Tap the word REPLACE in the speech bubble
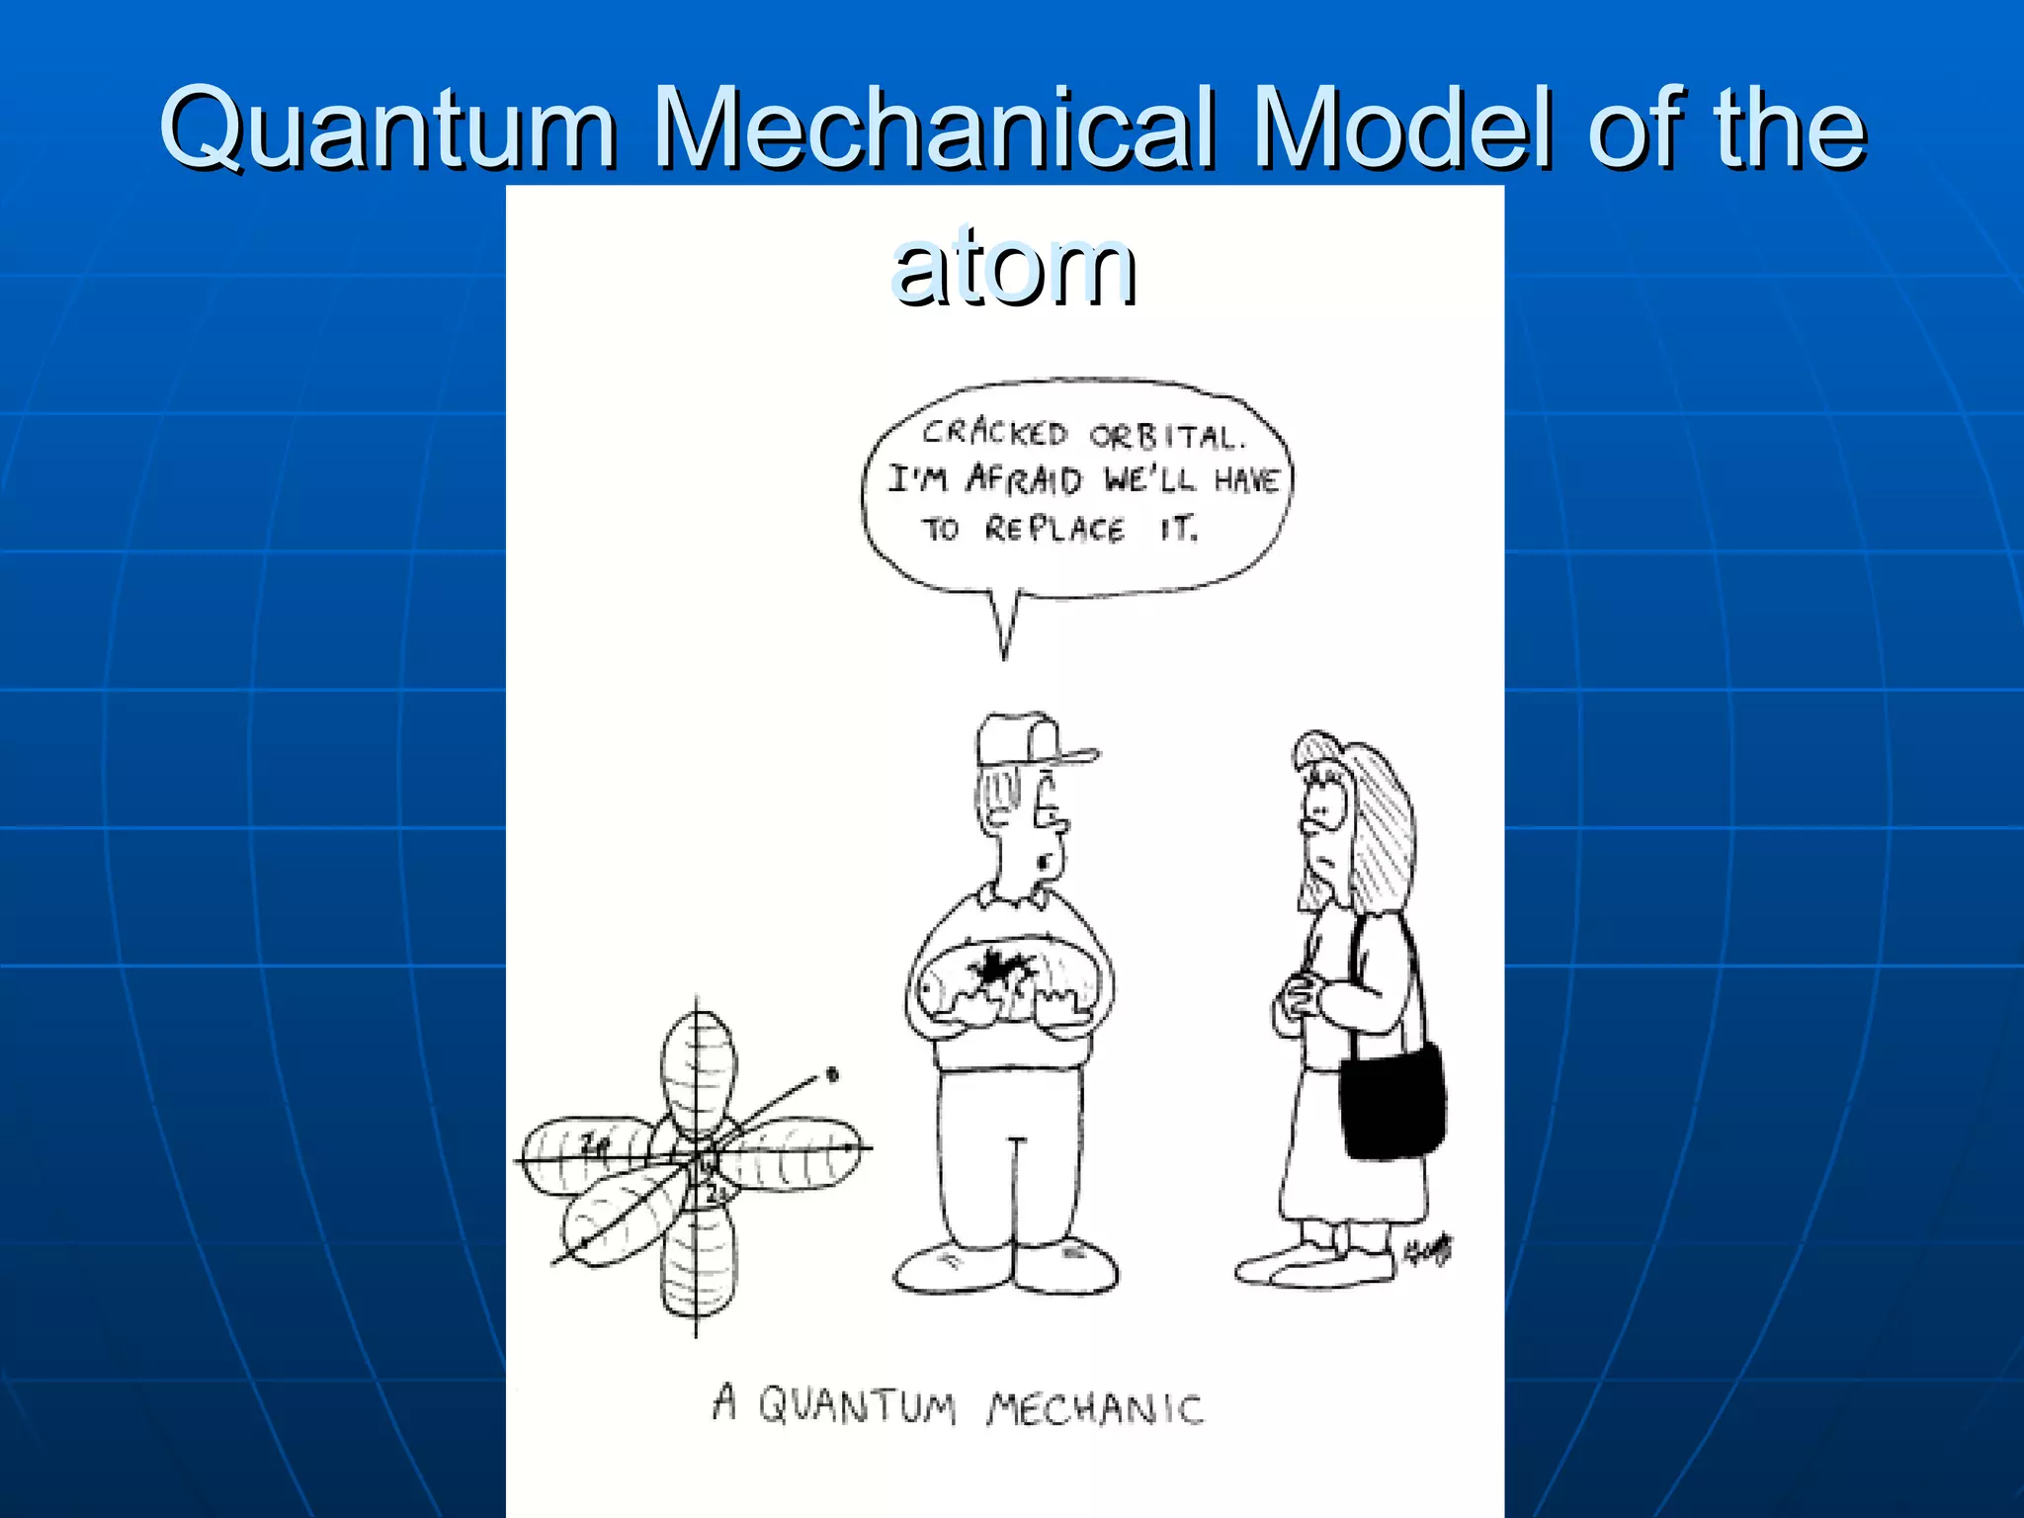pos(1054,530)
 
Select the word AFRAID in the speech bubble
pos(1024,480)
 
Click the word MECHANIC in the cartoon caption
pos(1095,1407)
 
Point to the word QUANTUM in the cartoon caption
pos(857,1404)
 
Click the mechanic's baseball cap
pos(1028,742)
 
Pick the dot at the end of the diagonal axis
pos(832,1074)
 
